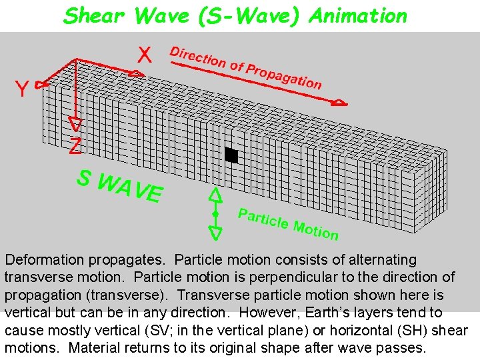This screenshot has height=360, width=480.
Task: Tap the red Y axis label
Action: point(22,89)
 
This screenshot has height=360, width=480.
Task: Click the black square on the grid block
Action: point(231,155)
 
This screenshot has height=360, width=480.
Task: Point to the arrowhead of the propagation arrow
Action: point(340,103)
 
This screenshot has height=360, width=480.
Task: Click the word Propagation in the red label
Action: point(284,75)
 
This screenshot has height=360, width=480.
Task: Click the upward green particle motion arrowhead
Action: point(215,195)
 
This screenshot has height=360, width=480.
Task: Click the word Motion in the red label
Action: point(315,229)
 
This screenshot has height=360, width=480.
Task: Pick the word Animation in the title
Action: point(358,16)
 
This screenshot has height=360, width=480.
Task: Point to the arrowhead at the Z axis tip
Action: point(76,124)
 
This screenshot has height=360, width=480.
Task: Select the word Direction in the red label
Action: point(198,57)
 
